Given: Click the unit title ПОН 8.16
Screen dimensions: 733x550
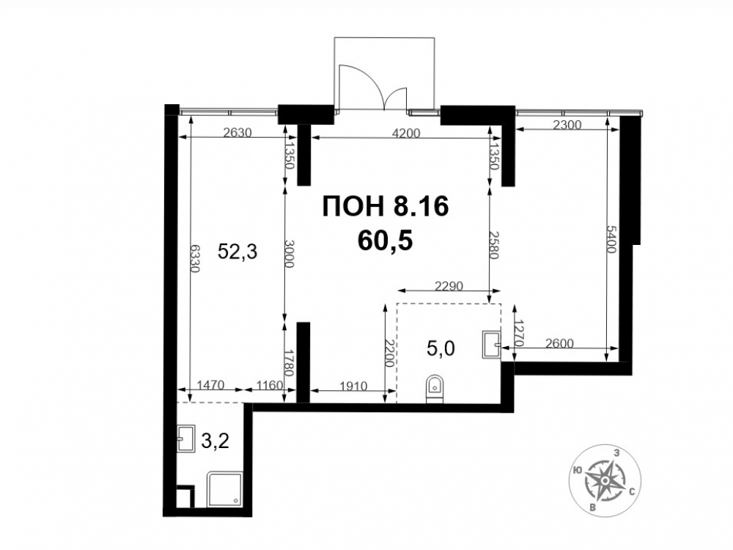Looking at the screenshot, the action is coord(386,206).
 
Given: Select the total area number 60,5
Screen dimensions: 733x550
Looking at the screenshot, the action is coord(385,241).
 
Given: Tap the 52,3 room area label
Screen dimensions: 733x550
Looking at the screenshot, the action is coord(237,252).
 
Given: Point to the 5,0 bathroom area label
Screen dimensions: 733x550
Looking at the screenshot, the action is coord(441,348).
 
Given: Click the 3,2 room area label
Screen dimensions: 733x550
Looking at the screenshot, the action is coord(215,441).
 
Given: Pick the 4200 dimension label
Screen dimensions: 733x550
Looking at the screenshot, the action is coord(406,133).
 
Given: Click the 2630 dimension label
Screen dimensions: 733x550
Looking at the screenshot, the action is coord(237,133).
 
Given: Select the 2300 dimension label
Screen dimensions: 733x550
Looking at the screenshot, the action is coord(567,125).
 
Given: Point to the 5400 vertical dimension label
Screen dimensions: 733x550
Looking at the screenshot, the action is coord(611,238).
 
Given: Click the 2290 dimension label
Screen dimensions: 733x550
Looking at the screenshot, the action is coord(449,285).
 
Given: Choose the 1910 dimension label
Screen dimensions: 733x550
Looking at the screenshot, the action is coord(353,386).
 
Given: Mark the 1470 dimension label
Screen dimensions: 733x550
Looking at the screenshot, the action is coord(210,386).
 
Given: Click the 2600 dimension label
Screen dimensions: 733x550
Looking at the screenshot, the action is coord(559,343).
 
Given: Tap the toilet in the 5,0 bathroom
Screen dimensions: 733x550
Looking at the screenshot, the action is coord(435,388).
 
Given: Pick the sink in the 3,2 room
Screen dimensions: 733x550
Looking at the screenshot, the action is coord(186,439).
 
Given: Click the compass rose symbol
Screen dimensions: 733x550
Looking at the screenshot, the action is coord(605,480).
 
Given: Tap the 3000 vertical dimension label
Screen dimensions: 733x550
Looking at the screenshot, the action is coord(290,254).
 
